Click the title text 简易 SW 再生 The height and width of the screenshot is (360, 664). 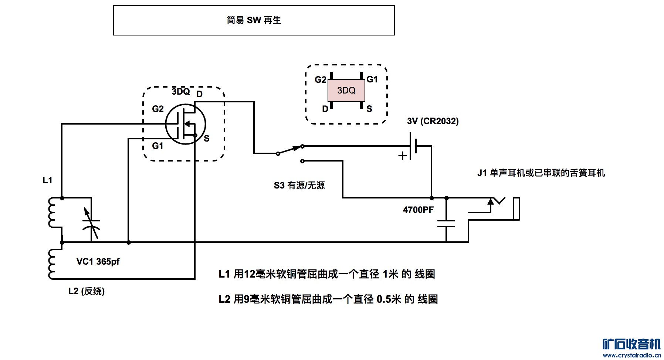click(254, 20)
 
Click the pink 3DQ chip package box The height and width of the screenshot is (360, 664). click(346, 91)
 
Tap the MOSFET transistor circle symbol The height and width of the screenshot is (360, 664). click(185, 124)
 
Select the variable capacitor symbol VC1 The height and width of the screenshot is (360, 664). click(91, 223)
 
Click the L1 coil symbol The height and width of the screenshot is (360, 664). click(52, 213)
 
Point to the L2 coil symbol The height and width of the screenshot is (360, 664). click(52, 264)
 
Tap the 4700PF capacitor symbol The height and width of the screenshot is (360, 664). click(446, 223)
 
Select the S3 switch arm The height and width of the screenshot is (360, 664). click(290, 150)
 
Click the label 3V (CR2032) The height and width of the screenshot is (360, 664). click(433, 121)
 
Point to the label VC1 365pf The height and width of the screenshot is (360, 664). click(98, 262)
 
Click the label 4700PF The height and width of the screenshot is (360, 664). click(418, 210)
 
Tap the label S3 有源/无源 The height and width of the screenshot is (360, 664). click(299, 186)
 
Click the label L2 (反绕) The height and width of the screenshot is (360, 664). click(87, 291)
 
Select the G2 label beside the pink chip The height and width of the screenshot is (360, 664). click(320, 79)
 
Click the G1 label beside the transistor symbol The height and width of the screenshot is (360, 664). click(157, 146)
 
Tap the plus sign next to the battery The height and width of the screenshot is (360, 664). click(402, 156)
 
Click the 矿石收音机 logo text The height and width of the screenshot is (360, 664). click(631, 344)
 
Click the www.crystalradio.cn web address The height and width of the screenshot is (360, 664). click(631, 355)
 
